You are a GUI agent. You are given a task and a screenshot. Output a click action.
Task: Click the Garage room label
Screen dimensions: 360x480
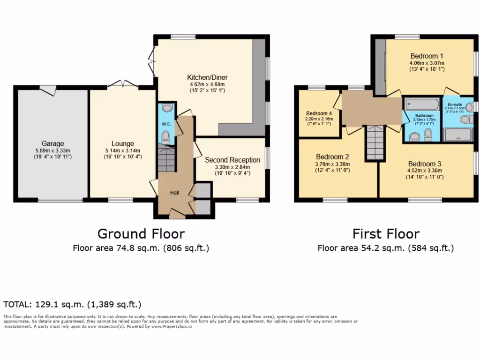[x=52, y=143]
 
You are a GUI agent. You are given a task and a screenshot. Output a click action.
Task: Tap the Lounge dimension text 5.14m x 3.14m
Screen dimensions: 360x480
[x=123, y=150]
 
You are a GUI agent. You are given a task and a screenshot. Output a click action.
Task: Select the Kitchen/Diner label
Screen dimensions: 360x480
[x=207, y=77]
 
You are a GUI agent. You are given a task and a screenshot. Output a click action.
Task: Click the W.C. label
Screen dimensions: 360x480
[x=166, y=124]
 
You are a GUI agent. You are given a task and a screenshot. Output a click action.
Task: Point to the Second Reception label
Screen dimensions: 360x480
[x=232, y=160]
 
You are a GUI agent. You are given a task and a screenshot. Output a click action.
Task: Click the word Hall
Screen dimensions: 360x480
[x=174, y=192]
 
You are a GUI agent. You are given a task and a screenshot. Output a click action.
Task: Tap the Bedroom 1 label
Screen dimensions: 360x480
[x=427, y=56]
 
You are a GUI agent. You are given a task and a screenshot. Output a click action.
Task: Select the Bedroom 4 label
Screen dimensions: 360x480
[x=319, y=113]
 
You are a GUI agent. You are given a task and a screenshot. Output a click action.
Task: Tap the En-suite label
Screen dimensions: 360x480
[x=454, y=104]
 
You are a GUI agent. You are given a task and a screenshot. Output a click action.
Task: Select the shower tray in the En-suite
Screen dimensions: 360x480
[x=457, y=135]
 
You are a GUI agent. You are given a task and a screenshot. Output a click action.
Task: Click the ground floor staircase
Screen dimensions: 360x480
[x=165, y=158]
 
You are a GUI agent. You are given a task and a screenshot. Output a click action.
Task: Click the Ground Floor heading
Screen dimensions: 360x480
[x=141, y=233]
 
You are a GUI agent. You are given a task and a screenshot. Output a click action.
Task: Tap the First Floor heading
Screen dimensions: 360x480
[x=386, y=233]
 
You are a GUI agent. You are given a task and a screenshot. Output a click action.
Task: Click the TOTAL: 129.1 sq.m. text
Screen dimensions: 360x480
[x=73, y=304]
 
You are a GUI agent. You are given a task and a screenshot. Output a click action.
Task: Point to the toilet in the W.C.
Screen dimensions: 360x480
[x=165, y=137]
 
